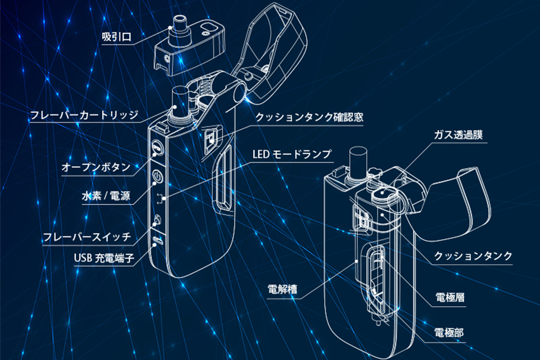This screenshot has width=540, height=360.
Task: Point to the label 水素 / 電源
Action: click(x=107, y=197)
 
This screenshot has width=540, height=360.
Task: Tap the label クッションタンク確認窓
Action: click(x=309, y=117)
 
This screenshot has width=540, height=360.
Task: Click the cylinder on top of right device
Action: click(x=358, y=160)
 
